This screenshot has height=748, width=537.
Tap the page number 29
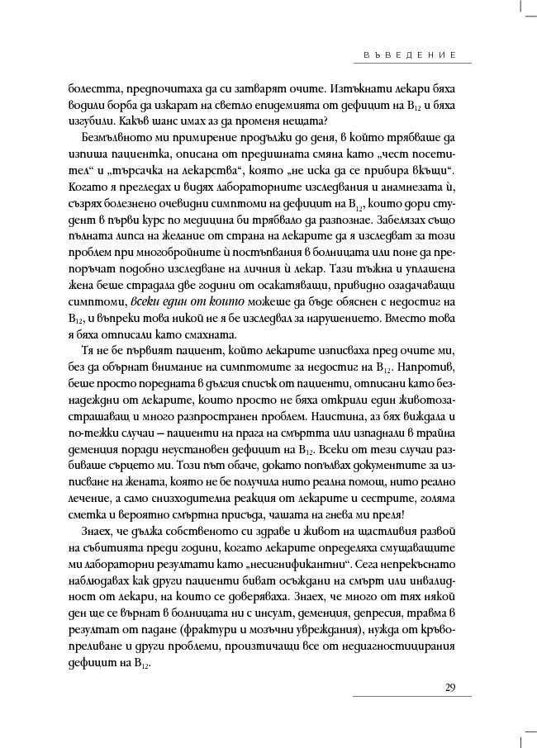(x=450, y=687)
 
